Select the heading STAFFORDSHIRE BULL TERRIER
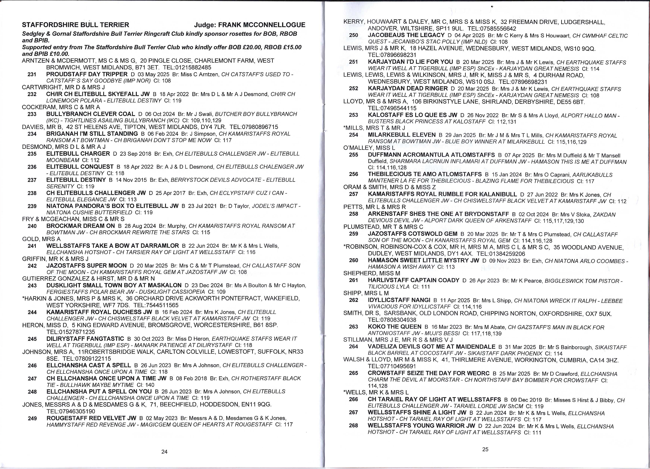(x=76, y=25)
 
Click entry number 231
(x=32, y=74)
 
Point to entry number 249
(x=32, y=418)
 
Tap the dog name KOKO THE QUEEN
(x=395, y=327)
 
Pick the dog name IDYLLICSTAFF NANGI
(x=399, y=300)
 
